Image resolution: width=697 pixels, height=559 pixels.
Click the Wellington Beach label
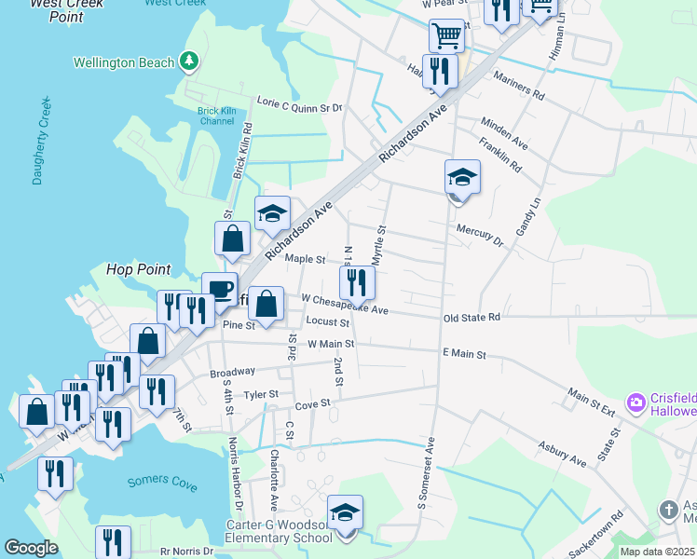click(x=124, y=62)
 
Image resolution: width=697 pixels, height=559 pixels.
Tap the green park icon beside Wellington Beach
click(x=189, y=61)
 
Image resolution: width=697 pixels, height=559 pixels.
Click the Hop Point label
click(x=139, y=269)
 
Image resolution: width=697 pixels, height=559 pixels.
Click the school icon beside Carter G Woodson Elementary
click(x=345, y=513)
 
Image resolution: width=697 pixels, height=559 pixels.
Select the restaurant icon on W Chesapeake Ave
click(x=357, y=280)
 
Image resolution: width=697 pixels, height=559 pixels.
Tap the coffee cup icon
click(x=220, y=289)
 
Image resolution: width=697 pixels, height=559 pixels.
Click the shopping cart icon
click(x=446, y=35)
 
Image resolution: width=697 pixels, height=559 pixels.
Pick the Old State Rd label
click(x=471, y=318)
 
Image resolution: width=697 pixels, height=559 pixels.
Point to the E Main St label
click(x=464, y=354)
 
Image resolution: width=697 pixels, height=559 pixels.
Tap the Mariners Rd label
click(x=519, y=86)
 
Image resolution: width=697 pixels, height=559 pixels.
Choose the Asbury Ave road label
click(x=566, y=454)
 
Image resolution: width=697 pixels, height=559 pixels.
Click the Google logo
click(x=31, y=549)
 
